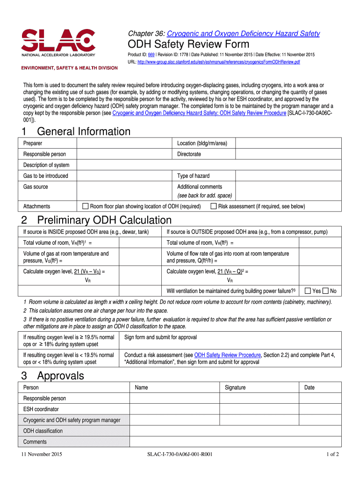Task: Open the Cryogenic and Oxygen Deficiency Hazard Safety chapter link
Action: click(x=243, y=34)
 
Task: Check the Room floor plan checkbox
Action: click(x=85, y=206)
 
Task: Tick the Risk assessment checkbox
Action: click(x=214, y=206)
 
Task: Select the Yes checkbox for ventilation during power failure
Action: click(x=308, y=291)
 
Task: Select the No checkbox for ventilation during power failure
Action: click(x=325, y=291)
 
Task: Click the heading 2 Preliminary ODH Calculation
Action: click(x=96, y=220)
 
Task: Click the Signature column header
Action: click(x=235, y=387)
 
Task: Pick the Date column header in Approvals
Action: click(x=310, y=387)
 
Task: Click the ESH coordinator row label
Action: click(x=41, y=409)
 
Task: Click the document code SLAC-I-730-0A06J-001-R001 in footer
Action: click(x=180, y=454)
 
